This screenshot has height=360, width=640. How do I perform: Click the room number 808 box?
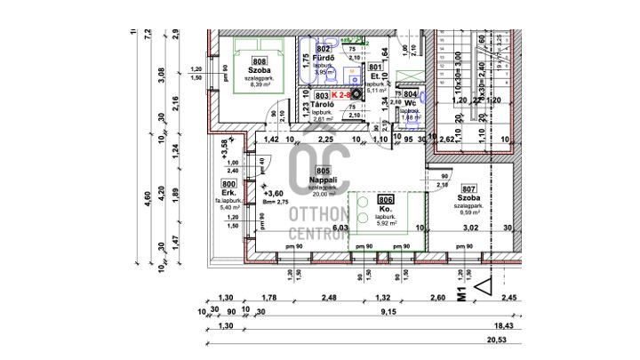click(x=235, y=60)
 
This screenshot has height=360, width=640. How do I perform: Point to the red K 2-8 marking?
click(x=341, y=93)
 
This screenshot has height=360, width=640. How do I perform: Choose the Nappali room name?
click(x=322, y=179)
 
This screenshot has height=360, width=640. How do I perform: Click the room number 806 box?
click(x=385, y=201)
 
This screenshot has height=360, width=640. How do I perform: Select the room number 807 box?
click(x=469, y=188)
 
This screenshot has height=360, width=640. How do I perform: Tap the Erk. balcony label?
click(x=229, y=195)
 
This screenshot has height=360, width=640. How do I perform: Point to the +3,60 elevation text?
click(x=274, y=193)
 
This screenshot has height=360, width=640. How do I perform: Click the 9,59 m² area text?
click(x=469, y=213)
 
